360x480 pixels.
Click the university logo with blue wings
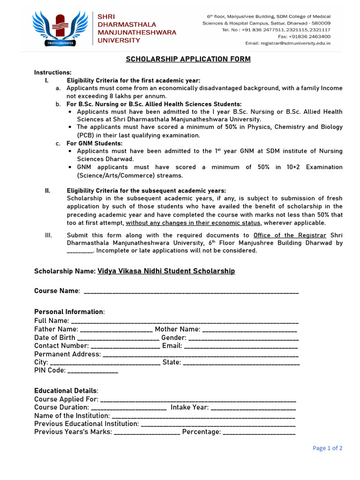click(60, 28)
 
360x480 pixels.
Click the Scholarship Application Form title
click(188, 59)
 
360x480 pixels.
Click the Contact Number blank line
click(125, 347)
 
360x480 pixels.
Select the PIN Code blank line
click(93, 371)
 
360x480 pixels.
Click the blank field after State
click(241, 363)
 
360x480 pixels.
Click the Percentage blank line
click(259, 433)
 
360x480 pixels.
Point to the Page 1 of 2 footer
click(327, 448)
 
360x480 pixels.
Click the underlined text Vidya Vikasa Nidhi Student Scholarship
click(166, 271)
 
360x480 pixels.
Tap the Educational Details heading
click(66, 391)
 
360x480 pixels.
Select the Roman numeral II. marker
click(47, 191)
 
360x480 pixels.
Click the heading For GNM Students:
click(94, 143)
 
